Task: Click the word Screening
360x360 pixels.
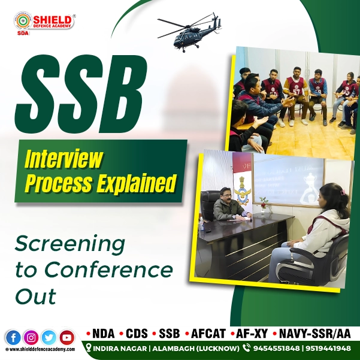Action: click(70, 244)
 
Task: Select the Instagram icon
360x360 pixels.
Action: click(30, 338)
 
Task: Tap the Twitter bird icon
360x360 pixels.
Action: click(49, 338)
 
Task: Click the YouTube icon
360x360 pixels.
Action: click(67, 338)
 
